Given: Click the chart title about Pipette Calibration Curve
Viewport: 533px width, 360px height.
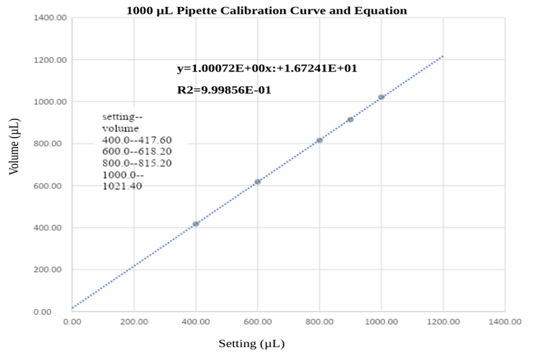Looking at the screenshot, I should click(266, 10).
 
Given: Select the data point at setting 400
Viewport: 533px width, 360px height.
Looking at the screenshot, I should click(196, 224).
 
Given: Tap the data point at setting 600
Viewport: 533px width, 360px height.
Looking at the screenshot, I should click(258, 182).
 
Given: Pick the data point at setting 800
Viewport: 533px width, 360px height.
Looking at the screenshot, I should click(319, 140).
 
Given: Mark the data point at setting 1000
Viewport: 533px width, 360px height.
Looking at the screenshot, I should click(381, 97).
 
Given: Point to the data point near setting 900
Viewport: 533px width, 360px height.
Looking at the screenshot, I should click(350, 119).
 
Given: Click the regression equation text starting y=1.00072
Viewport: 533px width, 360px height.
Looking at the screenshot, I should click(267, 68).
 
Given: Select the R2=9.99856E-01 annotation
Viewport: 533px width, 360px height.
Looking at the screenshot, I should click(224, 90).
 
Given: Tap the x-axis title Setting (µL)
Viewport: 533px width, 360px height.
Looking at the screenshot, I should click(252, 343).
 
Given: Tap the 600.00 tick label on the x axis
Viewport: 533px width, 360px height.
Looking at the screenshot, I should click(258, 321).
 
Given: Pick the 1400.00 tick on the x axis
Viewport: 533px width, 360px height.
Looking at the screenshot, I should click(505, 321).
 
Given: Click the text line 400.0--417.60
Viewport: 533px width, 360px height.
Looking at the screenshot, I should click(136, 140).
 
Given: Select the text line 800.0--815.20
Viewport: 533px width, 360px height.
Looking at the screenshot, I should click(136, 163).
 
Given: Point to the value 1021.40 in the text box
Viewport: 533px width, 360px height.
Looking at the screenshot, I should click(122, 186).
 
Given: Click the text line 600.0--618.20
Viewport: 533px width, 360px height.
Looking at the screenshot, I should click(136, 151).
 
